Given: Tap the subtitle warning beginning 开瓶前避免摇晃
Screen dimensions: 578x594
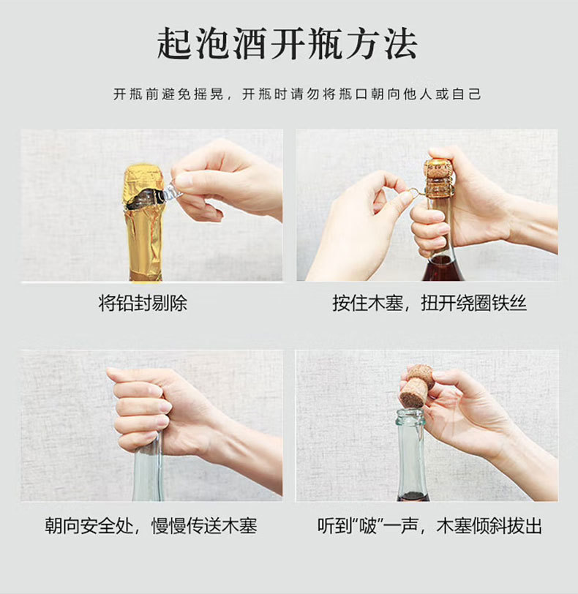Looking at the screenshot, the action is (x=297, y=94).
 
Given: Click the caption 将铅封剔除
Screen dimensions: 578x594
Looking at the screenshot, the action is (x=143, y=303).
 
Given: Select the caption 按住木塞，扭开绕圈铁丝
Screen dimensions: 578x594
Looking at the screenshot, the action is (x=429, y=303).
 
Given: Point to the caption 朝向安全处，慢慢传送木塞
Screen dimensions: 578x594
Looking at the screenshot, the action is (x=151, y=526).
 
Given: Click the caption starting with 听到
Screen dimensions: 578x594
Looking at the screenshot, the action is (x=430, y=526).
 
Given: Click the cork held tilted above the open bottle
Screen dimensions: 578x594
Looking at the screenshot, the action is (x=416, y=386).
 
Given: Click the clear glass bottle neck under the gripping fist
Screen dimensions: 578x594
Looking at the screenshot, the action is (x=148, y=469).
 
